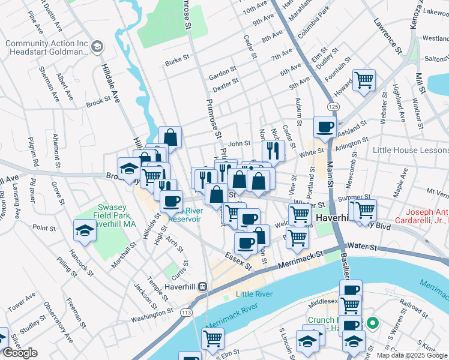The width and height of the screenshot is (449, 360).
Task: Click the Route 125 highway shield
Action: (x=333, y=106)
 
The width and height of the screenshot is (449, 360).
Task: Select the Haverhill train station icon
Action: (x=203, y=287)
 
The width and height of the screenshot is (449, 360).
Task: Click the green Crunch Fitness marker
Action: (x=372, y=324)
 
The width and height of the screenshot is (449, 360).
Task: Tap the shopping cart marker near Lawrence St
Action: (x=364, y=79)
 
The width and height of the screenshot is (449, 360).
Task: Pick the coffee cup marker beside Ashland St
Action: (x=325, y=127)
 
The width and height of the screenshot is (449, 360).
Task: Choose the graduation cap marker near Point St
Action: (x=85, y=230)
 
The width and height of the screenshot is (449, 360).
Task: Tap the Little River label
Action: (x=254, y=294)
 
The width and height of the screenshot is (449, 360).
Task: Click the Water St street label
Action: (x=364, y=247)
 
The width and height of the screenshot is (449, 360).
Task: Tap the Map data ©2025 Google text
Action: (x=412, y=355)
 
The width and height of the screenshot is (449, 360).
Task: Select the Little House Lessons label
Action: (x=409, y=150)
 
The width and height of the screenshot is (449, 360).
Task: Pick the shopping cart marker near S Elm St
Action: (x=212, y=338)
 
